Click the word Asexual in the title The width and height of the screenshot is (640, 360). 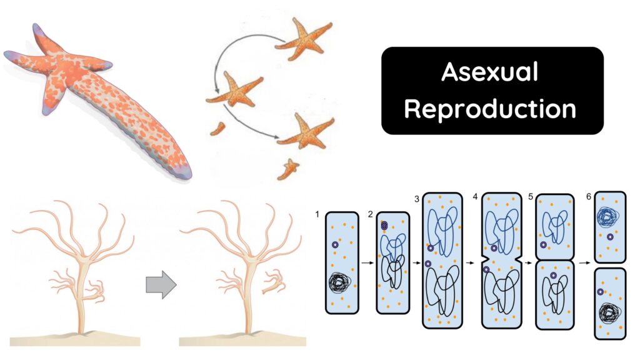(490, 72)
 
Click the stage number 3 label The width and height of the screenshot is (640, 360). (416, 198)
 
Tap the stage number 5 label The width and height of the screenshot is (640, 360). (530, 198)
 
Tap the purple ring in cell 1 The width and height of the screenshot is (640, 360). (336, 245)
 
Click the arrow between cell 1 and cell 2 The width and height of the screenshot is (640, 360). (367, 263)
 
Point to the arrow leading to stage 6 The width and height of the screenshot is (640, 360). (584, 263)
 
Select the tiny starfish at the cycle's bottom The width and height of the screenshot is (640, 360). (289, 169)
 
